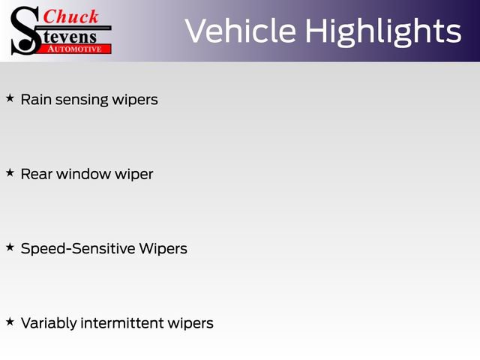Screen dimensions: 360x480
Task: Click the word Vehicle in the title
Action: click(x=239, y=31)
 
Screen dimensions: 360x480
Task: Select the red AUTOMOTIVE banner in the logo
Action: click(x=74, y=49)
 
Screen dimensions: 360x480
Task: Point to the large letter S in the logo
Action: click(x=25, y=29)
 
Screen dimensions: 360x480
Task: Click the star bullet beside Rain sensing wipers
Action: click(x=10, y=98)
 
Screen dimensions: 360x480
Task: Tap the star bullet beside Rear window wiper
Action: click(x=10, y=173)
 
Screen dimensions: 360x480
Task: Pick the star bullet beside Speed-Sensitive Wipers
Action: click(x=10, y=247)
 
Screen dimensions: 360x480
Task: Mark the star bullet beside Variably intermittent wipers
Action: click(x=10, y=322)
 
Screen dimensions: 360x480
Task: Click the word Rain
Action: click(x=35, y=99)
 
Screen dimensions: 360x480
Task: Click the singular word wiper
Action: click(x=135, y=175)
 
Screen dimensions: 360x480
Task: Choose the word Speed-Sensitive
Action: click(x=78, y=248)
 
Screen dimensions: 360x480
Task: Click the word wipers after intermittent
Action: click(x=190, y=324)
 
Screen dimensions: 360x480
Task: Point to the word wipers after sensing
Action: click(x=135, y=100)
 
